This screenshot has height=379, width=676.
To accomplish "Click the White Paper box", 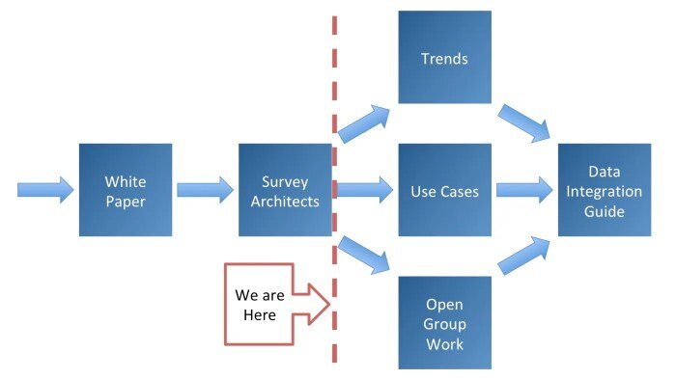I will pos(126,190).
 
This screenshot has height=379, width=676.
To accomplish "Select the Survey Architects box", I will pos(285,190).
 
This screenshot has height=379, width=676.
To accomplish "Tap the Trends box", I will pos(444,58).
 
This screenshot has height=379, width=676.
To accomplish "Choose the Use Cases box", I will pos(444,190).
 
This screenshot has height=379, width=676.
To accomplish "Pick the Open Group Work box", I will pos(444,322).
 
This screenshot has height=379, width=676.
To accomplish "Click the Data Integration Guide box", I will pos(605,190).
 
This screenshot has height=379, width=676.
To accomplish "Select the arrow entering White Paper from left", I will pos(44,188).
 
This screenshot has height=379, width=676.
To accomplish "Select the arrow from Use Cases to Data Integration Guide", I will pos(524,189).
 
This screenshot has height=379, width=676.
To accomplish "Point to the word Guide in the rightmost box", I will pos(605,212).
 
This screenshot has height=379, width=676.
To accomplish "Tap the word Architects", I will pos(285,201).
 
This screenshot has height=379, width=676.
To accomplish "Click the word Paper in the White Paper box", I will pos(126,201).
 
